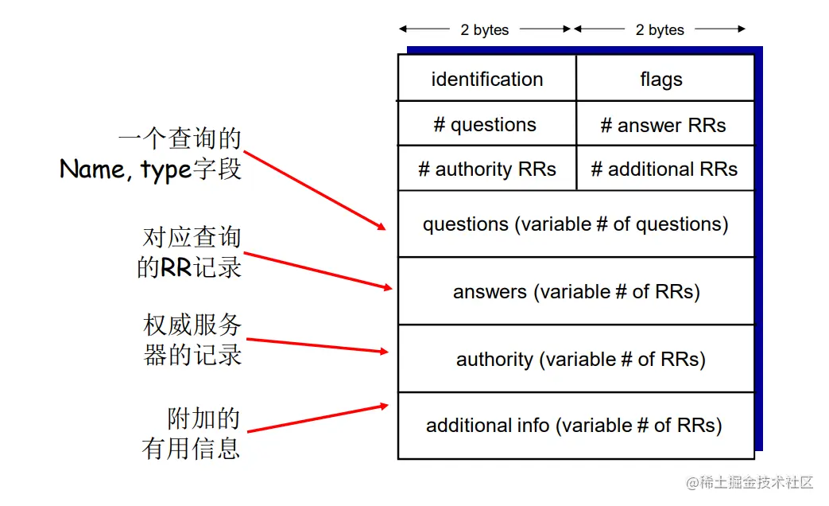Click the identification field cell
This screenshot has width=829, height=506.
[486, 79]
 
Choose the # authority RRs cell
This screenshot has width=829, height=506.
[486, 169]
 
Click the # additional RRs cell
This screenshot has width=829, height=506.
[664, 169]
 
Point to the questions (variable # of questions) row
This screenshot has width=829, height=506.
[575, 224]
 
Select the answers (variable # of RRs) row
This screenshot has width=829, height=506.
[575, 292]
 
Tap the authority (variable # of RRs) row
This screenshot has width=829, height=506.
[575, 360]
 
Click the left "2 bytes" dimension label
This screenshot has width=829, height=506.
[485, 30]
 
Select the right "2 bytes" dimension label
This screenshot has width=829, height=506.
[660, 30]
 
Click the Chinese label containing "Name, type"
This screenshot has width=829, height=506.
[151, 154]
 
